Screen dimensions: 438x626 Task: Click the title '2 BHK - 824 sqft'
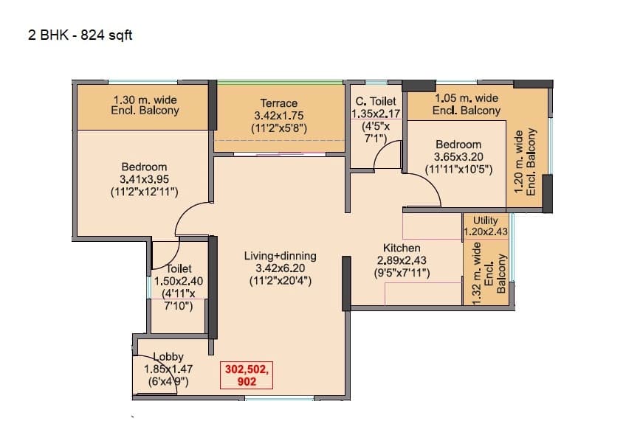tap(80, 35)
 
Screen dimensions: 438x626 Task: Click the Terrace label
tap(278, 103)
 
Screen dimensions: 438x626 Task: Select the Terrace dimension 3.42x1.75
tap(278, 116)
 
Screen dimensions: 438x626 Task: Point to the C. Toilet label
tap(376, 101)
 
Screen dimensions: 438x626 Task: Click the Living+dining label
tap(280, 256)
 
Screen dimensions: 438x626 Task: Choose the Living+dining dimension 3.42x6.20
tap(280, 268)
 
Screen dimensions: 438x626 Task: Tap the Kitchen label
tap(401, 248)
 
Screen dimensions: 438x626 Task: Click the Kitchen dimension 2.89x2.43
tap(401, 260)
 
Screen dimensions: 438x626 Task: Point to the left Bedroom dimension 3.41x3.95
tap(144, 179)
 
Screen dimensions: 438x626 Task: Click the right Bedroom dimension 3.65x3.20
tap(458, 157)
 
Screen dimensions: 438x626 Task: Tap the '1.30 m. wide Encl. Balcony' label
tap(145, 105)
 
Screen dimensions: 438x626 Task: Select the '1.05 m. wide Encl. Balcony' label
tap(466, 104)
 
